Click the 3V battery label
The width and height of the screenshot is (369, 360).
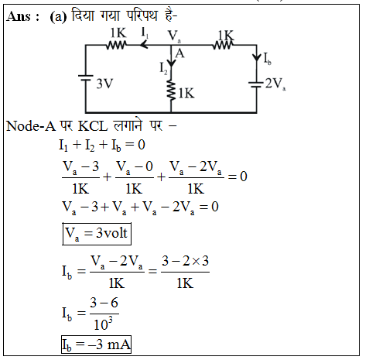104,84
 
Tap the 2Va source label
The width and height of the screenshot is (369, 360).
275,84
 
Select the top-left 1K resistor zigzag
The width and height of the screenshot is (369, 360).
116,46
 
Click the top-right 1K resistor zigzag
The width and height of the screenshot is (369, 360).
223,46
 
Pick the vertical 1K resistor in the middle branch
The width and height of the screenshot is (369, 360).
171,90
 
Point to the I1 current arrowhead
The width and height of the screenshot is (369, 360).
144,45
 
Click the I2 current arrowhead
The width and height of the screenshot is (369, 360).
171,64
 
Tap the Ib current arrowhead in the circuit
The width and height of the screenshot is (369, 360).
257,57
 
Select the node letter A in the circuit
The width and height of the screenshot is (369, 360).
179,53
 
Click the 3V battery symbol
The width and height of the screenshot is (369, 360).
86,77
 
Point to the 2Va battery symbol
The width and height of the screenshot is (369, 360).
256,85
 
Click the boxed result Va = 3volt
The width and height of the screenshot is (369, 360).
97,234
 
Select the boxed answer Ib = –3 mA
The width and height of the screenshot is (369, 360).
96,345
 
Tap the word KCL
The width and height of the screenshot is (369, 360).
93,126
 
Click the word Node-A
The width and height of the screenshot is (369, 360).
31,126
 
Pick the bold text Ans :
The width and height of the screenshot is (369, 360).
23,17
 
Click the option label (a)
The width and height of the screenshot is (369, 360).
58,17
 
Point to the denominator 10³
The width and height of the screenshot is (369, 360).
104,324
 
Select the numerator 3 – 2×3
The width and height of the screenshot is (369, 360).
185,261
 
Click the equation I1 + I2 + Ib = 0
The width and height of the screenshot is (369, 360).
102,145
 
